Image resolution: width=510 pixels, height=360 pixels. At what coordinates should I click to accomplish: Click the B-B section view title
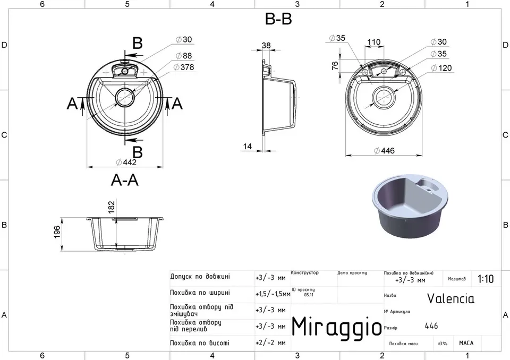pyautogui.click(x=278, y=19)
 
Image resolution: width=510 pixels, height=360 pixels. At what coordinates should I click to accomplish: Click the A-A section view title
pyautogui.click(x=124, y=180)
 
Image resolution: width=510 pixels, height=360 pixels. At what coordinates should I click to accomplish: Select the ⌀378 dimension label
pyautogui.click(x=184, y=67)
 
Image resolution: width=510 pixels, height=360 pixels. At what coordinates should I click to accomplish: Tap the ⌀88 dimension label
pyautogui.click(x=184, y=56)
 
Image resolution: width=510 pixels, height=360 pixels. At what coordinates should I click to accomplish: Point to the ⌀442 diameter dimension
pyautogui.click(x=126, y=162)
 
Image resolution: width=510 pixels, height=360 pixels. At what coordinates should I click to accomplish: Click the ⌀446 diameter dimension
pyautogui.click(x=384, y=151)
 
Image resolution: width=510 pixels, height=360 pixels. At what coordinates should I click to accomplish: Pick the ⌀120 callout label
pyautogui.click(x=441, y=67)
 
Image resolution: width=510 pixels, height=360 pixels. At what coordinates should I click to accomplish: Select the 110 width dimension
pyautogui.click(x=373, y=42)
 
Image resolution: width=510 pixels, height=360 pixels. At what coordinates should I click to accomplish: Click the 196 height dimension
pyautogui.click(x=57, y=232)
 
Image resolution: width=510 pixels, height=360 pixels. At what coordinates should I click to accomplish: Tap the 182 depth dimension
pyautogui.click(x=111, y=208)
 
